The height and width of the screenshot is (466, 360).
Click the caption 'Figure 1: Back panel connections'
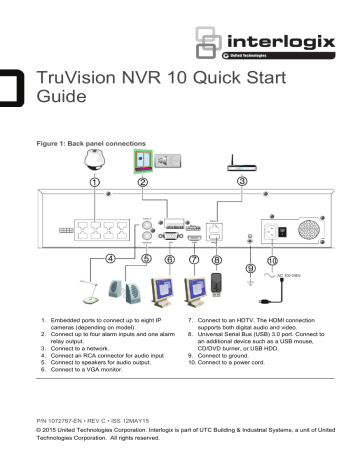[99, 145]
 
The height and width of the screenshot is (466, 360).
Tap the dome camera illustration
[95, 165]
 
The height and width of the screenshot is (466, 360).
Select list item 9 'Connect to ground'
[220, 354]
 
